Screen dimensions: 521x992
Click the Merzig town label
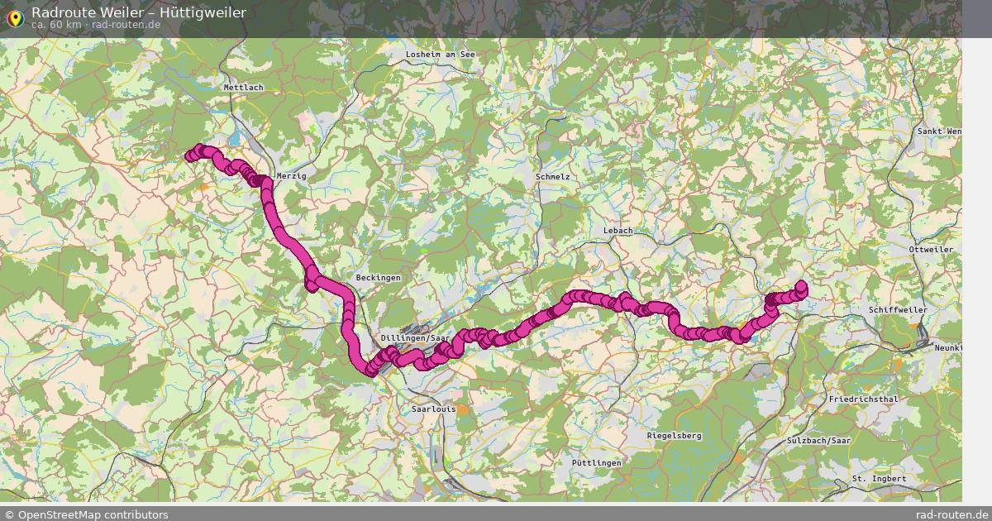[291, 176]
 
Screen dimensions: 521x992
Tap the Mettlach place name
[243, 87]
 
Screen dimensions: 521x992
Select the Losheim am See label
[441, 54]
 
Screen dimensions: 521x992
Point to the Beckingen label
[378, 278]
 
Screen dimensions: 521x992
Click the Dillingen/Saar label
[415, 338]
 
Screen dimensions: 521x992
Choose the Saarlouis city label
[433, 409]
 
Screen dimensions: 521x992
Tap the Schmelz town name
[552, 176]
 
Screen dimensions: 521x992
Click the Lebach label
[618, 231]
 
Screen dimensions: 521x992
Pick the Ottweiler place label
[930, 249]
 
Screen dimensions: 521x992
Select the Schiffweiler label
[898, 309]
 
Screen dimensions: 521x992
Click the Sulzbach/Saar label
[819, 441]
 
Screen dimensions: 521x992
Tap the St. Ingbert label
[879, 479]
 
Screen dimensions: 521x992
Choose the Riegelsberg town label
[674, 435]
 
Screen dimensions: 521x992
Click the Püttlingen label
[596, 463]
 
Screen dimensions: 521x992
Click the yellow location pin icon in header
[14, 17]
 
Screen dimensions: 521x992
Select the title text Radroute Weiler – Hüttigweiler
[138, 12]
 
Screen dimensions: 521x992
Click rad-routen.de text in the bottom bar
[952, 514]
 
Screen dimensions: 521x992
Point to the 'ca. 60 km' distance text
[56, 25]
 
